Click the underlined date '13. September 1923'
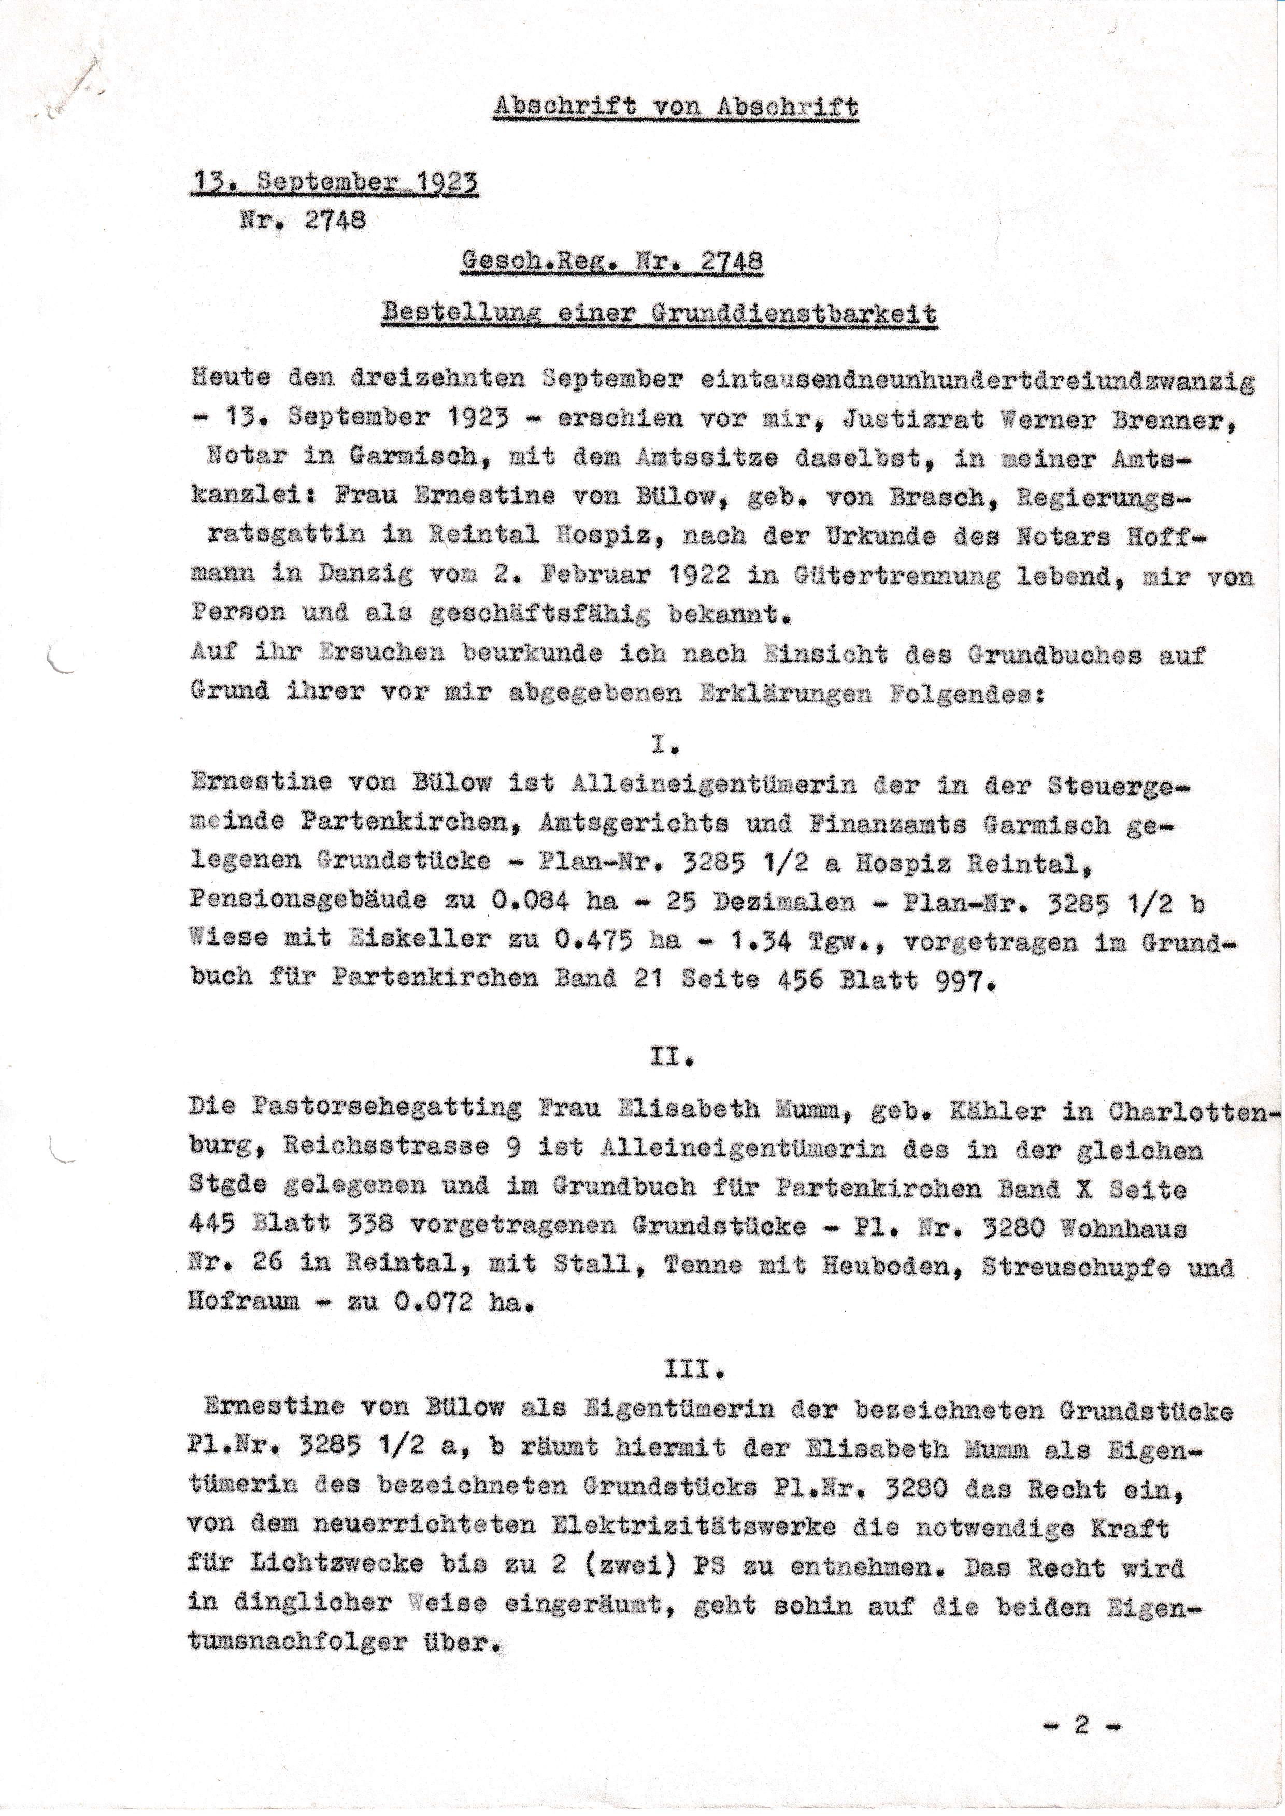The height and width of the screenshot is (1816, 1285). [335, 182]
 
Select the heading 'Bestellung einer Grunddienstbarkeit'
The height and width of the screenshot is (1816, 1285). [659, 314]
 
